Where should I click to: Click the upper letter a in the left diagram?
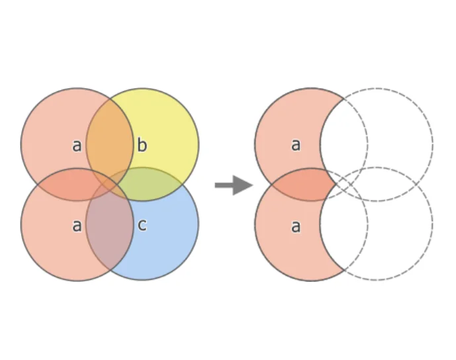[77, 146]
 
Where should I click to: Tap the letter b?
[142, 146]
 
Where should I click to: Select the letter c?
[142, 225]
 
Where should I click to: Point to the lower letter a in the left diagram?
[77, 226]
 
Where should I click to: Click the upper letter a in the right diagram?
[295, 144]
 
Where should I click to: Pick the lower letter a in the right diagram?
[295, 226]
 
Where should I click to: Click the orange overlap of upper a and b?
[110, 142]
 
